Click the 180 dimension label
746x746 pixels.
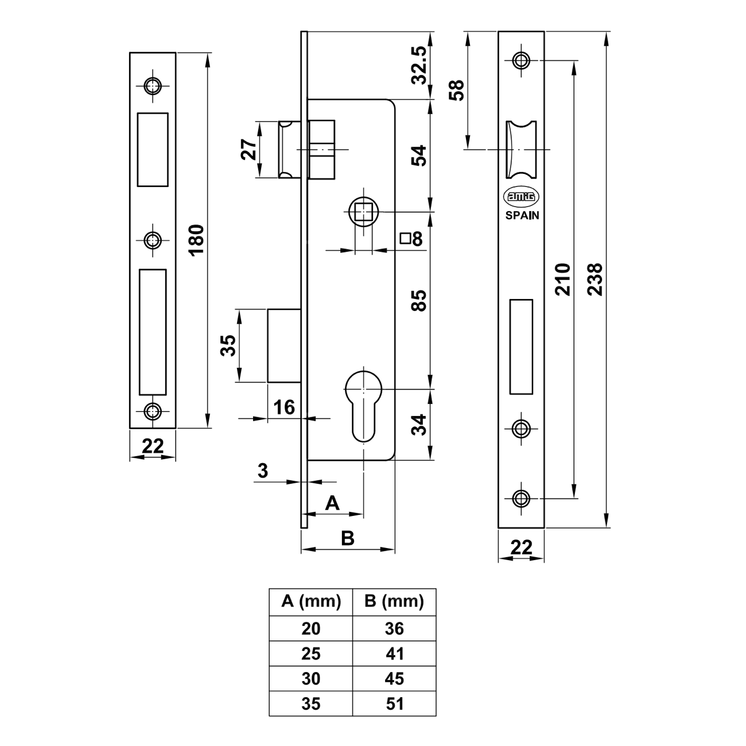click(x=196, y=240)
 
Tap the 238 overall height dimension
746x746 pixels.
click(x=595, y=279)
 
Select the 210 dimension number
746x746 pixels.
click(x=562, y=279)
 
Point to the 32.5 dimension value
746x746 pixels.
click(x=419, y=65)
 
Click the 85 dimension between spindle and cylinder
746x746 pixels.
click(x=419, y=301)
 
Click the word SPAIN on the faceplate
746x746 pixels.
click(x=522, y=215)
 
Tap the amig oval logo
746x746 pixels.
click(x=521, y=197)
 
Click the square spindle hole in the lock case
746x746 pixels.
click(x=363, y=212)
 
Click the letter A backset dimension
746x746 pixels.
click(x=333, y=503)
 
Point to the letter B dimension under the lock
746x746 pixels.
click(x=348, y=538)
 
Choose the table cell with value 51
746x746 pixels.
click(x=394, y=704)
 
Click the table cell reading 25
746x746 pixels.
click(x=311, y=654)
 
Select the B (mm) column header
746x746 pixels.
click(x=394, y=601)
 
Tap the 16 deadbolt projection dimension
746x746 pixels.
click(x=283, y=407)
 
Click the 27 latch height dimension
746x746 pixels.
click(x=248, y=149)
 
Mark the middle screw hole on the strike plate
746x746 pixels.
click(x=153, y=240)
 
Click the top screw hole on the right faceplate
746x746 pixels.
click(x=521, y=60)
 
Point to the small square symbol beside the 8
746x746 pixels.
click(x=405, y=238)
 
